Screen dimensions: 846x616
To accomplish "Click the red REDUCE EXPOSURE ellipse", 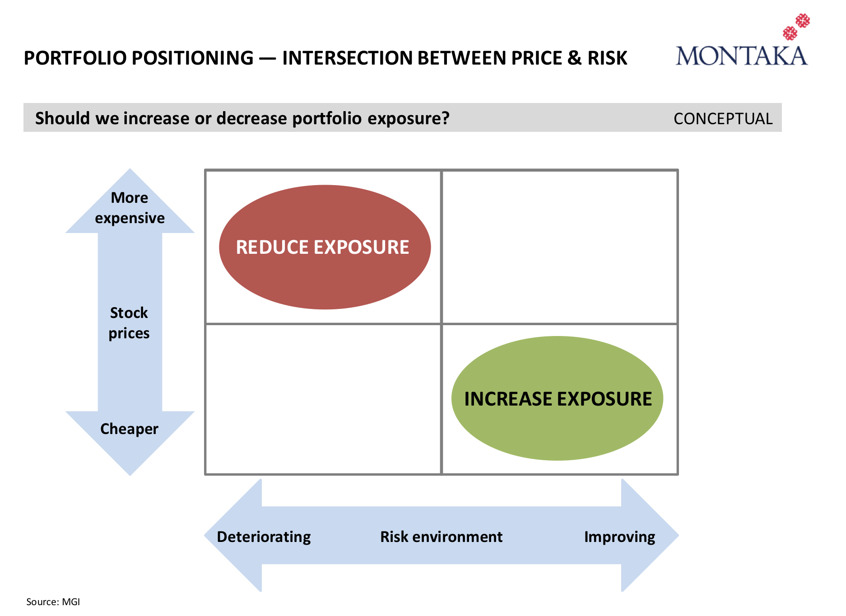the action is pyautogui.click(x=325, y=247).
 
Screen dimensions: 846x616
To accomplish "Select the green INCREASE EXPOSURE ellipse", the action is pyautogui.click(x=557, y=398).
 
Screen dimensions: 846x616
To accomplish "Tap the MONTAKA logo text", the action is pyautogui.click(x=741, y=56).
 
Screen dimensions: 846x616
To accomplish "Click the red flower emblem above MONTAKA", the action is pyautogui.click(x=796, y=27).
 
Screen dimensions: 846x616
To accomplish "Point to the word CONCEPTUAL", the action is pyautogui.click(x=723, y=119).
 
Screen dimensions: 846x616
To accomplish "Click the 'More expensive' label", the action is pyautogui.click(x=130, y=208).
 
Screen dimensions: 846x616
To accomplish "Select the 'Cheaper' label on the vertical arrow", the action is pyautogui.click(x=129, y=429).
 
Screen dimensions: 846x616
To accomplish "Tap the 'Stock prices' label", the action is pyautogui.click(x=129, y=323).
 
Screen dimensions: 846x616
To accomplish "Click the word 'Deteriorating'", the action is pyautogui.click(x=264, y=537).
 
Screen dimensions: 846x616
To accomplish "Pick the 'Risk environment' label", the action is pyautogui.click(x=441, y=537).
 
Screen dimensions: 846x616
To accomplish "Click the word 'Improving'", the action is pyautogui.click(x=619, y=537).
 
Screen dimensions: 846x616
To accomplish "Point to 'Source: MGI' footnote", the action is pyautogui.click(x=53, y=602).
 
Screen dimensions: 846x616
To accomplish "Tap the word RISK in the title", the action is pyautogui.click(x=607, y=58).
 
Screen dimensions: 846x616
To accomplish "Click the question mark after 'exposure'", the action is pyautogui.click(x=446, y=118).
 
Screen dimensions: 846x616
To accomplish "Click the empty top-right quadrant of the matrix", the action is pyautogui.click(x=559, y=247).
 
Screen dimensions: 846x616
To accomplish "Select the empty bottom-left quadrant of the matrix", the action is pyautogui.click(x=323, y=399).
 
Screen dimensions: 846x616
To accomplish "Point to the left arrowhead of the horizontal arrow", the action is pyautogui.click(x=233, y=536).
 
